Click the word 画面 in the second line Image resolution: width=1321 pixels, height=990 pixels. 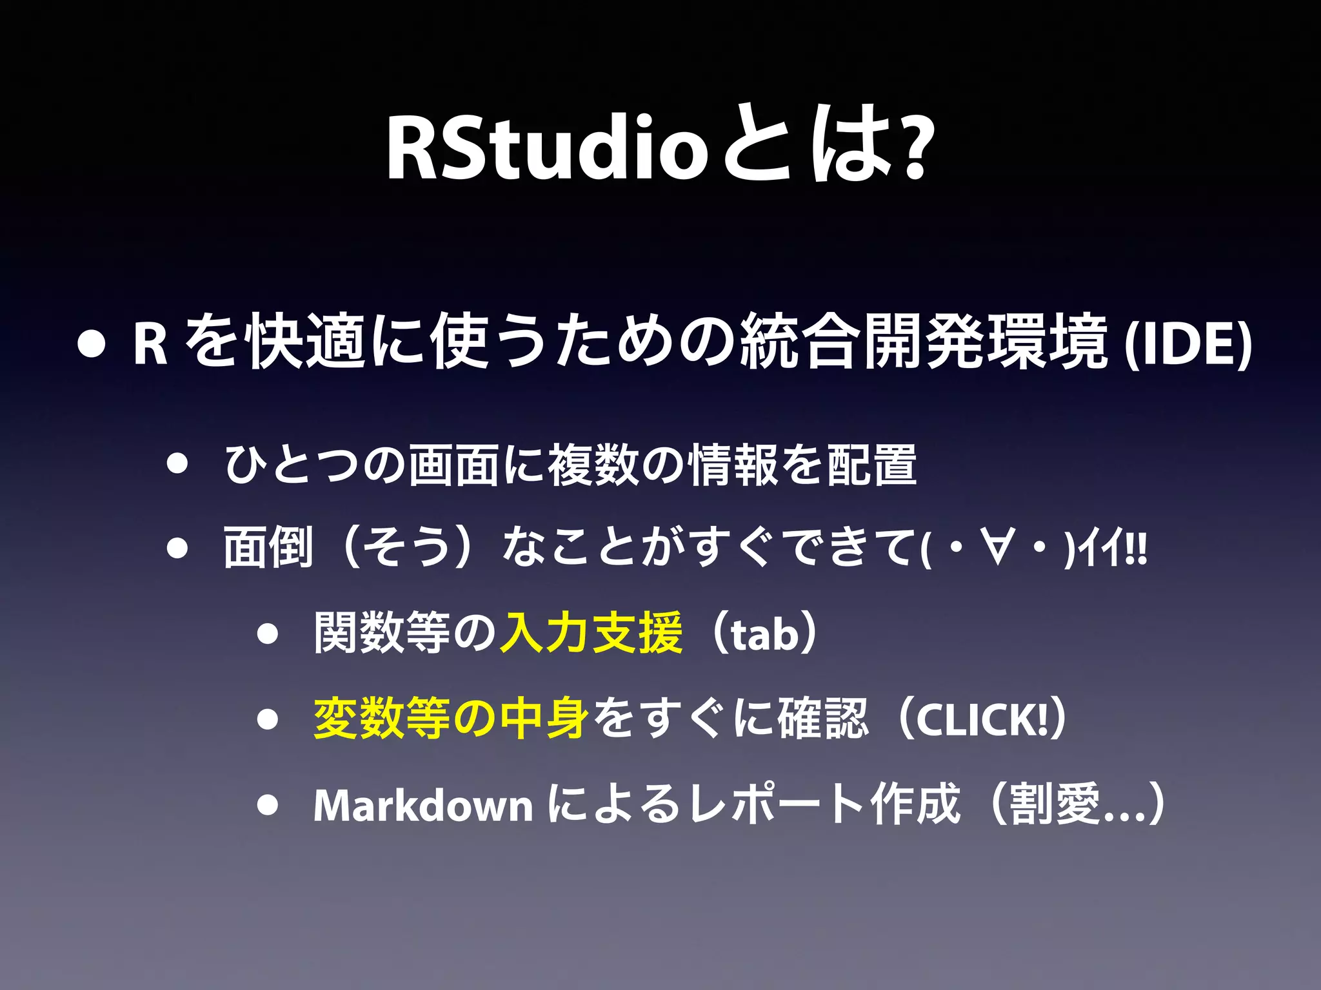pos(454,465)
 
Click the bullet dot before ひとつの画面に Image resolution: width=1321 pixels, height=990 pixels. pos(176,464)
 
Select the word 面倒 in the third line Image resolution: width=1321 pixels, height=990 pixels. pos(268,548)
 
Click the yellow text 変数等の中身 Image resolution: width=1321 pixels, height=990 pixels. pos(450,719)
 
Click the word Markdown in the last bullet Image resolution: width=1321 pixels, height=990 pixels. pos(422,806)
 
